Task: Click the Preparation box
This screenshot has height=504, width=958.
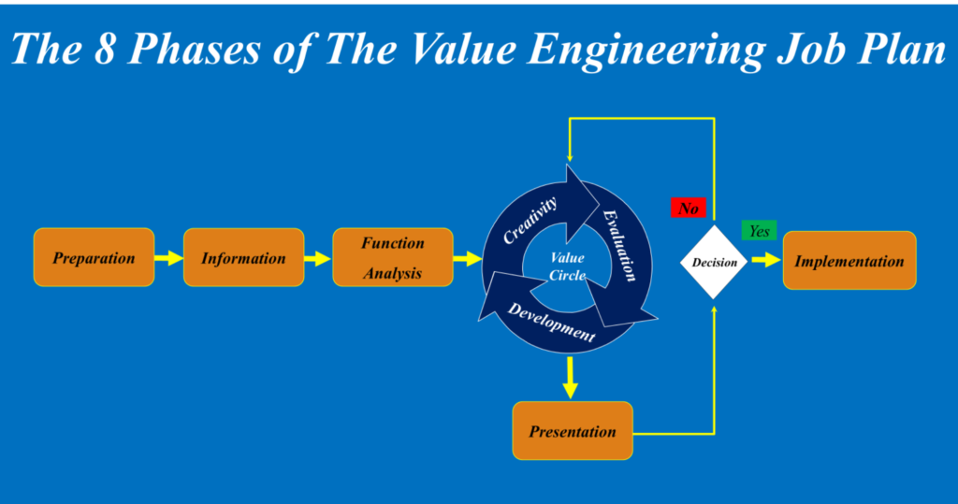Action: [94, 258]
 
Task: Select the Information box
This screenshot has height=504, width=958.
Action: [243, 258]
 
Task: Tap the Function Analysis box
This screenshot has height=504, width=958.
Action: [393, 258]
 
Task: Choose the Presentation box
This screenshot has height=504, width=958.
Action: [573, 431]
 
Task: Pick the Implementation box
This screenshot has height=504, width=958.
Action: [849, 261]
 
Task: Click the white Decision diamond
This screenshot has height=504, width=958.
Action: [714, 262]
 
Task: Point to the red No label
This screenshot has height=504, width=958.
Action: [688, 209]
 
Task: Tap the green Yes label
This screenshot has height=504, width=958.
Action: [759, 230]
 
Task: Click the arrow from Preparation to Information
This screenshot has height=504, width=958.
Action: [169, 258]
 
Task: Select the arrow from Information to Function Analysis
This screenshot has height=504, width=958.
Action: [318, 258]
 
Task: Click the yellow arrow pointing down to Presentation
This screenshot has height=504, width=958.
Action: [571, 376]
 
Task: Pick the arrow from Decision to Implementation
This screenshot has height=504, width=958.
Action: [765, 260]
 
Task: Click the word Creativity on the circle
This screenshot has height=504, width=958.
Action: [530, 220]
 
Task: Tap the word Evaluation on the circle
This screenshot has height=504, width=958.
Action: [620, 245]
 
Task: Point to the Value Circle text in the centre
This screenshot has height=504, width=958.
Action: [567, 266]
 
